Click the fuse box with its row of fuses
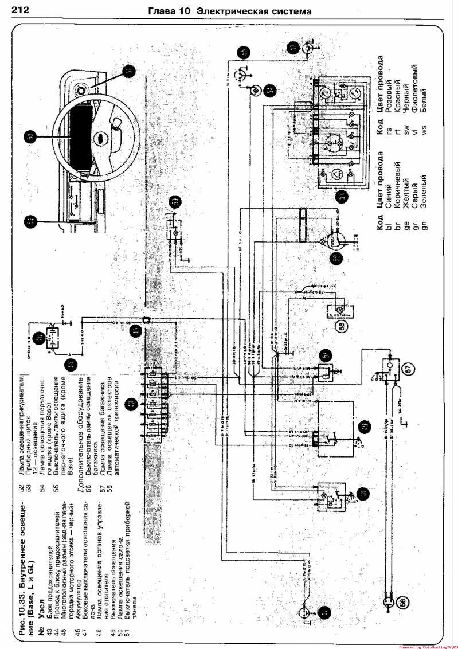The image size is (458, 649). pyautogui.click(x=154, y=404)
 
